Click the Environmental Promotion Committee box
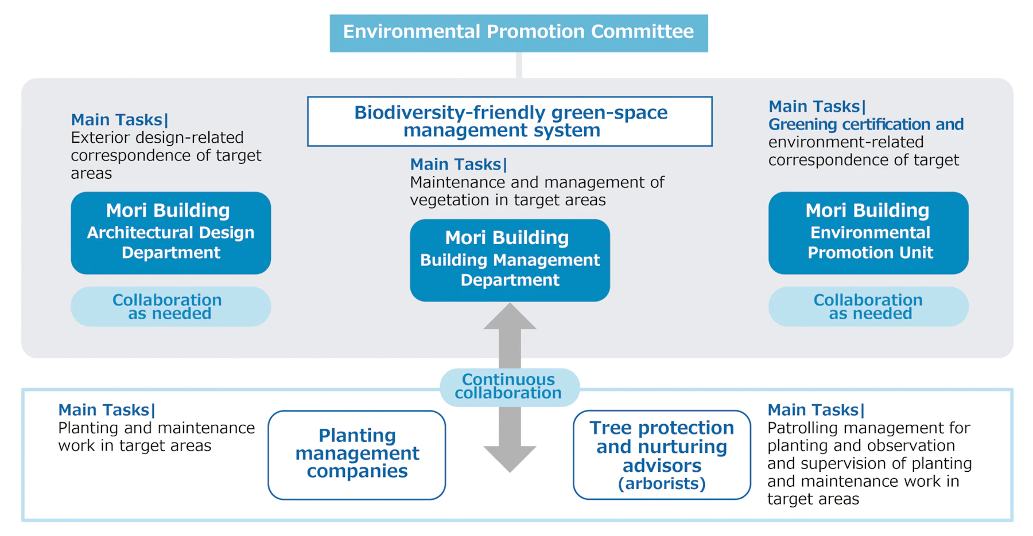[x=518, y=33]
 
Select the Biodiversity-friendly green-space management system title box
[x=510, y=121]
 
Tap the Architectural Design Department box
[x=170, y=233]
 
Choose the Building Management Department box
[x=510, y=260]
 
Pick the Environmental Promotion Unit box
[x=868, y=233]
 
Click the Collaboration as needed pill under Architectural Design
[x=170, y=307]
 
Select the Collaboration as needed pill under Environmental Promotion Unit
[x=868, y=307]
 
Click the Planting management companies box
[x=356, y=455]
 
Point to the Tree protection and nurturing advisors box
[x=661, y=455]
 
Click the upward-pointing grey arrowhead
[x=510, y=318]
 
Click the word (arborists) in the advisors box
[x=662, y=484]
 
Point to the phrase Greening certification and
[x=865, y=124]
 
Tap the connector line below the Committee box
[x=519, y=65]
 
